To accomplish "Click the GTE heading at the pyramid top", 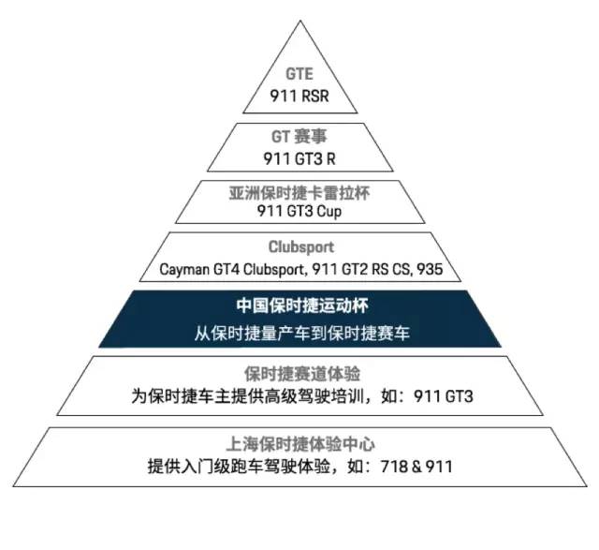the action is coord(299,74).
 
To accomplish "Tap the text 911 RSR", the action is coord(299,96).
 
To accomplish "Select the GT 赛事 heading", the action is coord(299,137).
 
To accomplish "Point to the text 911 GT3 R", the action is coord(299,158).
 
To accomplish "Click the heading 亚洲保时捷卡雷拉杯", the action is coord(299,193).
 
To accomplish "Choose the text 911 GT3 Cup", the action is coord(299,211).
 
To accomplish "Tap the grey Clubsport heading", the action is coord(301,247).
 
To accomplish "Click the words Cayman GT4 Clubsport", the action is coord(233,269).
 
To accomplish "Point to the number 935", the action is coord(430,269).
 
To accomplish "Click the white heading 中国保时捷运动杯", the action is coord(302,306).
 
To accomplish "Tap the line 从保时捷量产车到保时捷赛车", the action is coord(301,333).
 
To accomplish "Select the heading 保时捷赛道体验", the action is coord(302,374).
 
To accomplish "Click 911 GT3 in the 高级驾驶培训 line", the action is coord(443,395).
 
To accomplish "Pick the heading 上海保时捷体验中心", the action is coord(300,444).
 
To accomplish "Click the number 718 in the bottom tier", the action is coord(393,467).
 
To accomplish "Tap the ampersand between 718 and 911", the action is coord(416,467).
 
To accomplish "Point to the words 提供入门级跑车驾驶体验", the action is coord(240,467).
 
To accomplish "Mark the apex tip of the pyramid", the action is coord(300,21).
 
